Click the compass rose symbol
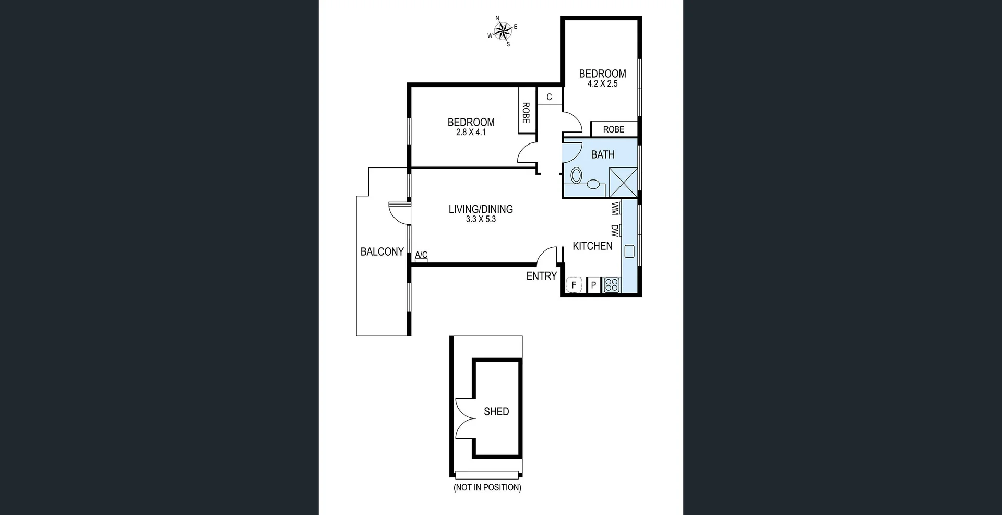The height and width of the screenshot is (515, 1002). (503, 31)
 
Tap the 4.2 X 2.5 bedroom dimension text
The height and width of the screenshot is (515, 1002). (602, 84)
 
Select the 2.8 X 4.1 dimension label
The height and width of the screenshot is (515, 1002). (471, 133)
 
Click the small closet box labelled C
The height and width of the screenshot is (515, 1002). (549, 97)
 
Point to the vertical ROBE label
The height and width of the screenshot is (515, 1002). (526, 113)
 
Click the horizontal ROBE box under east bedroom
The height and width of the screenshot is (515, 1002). (614, 129)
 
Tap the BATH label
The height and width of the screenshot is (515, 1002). (603, 155)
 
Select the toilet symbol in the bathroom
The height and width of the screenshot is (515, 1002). (576, 176)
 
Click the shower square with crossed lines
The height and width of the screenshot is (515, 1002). (623, 182)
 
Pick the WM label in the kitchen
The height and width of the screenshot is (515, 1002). (615, 209)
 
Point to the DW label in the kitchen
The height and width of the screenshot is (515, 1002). (615, 231)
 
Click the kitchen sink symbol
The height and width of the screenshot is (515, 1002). (629, 251)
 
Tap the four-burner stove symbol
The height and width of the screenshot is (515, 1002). (612, 285)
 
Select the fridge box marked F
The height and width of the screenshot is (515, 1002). (574, 285)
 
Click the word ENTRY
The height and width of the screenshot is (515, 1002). (541, 276)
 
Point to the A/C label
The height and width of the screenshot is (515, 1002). (421, 255)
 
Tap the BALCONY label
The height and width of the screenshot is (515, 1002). (382, 252)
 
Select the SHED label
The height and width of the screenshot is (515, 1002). (496, 412)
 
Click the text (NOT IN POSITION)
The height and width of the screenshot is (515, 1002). (487, 487)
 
